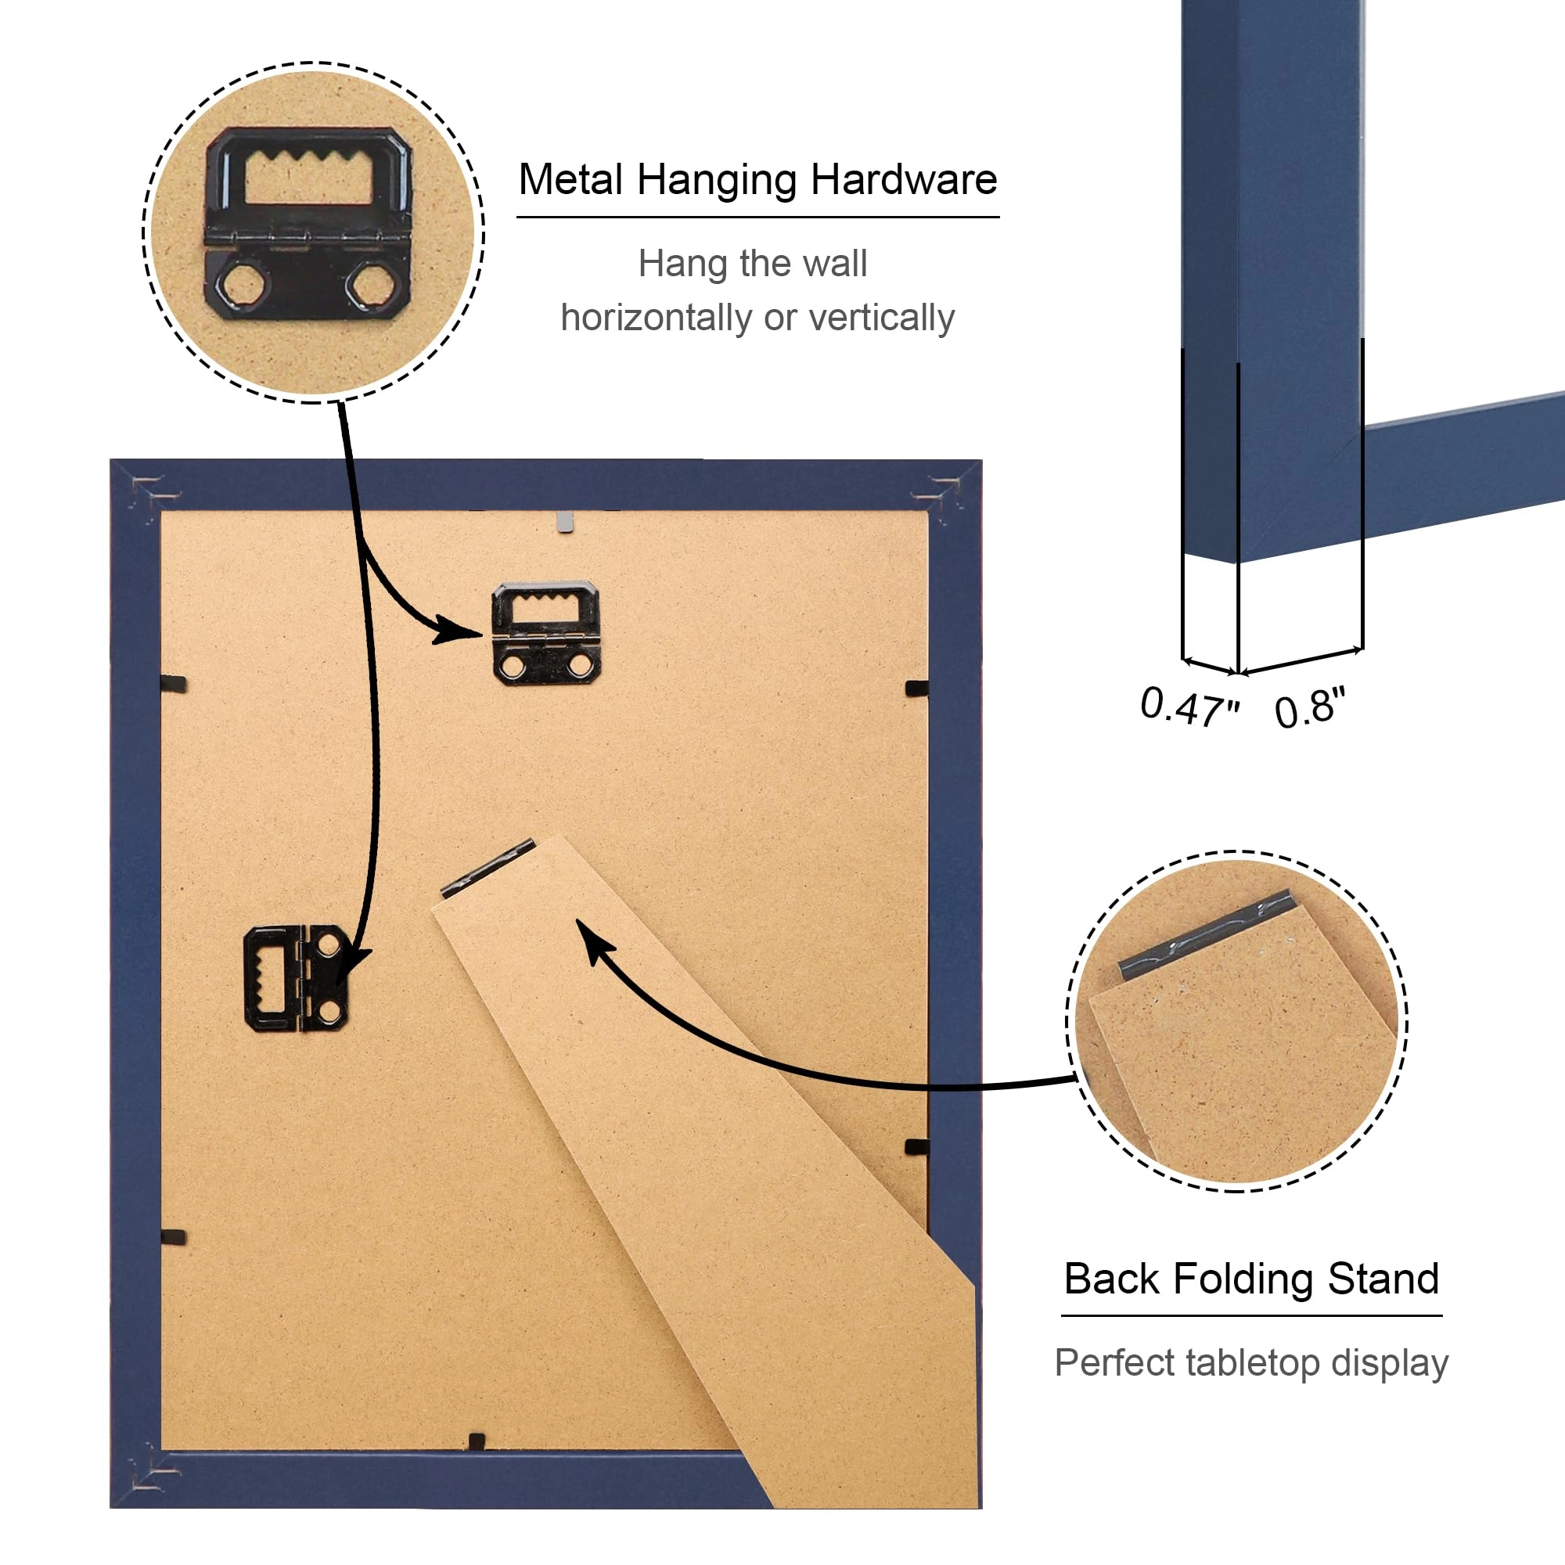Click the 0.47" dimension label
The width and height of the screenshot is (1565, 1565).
point(1189,707)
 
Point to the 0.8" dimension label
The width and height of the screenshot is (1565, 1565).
point(1309,709)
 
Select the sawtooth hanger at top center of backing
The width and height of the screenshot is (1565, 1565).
point(545,632)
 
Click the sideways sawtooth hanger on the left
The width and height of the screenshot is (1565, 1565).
point(297,979)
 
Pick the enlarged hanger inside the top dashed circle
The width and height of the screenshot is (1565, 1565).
point(308,223)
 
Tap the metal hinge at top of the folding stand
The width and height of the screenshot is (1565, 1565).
point(487,868)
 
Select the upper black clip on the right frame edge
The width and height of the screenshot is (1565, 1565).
point(916,689)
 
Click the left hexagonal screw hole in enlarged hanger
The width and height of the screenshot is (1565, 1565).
point(240,285)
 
